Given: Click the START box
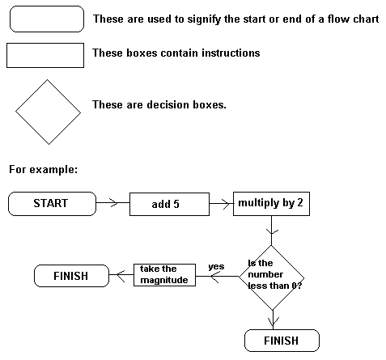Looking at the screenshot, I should [x=51, y=203].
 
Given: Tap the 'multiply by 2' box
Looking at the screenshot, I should [x=271, y=203].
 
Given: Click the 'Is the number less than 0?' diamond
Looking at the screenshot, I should [x=271, y=277].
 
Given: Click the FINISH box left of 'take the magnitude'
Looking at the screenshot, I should [x=71, y=276].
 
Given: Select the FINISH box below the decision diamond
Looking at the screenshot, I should [x=281, y=341].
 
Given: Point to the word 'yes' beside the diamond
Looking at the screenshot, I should [x=216, y=266].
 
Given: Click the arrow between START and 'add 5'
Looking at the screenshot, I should [x=112, y=204].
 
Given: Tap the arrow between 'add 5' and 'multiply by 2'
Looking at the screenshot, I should [x=221, y=204].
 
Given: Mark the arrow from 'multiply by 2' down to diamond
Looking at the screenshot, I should [x=271, y=230].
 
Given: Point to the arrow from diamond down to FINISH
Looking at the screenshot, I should [x=272, y=320].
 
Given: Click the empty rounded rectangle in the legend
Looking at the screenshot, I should [x=45, y=19].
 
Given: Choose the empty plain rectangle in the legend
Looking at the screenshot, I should [x=45, y=55].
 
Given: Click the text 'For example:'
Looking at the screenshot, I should [x=43, y=170].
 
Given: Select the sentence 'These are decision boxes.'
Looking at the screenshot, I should [x=159, y=104].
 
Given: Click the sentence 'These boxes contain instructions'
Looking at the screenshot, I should [x=176, y=53].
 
